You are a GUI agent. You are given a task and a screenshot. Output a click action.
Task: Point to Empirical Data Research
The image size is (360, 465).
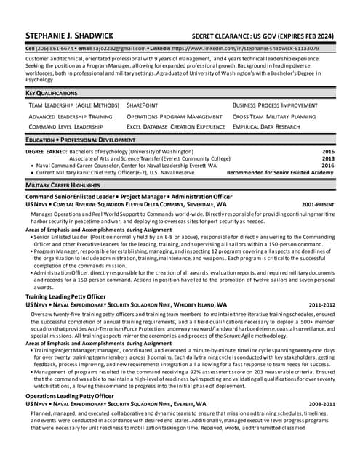coord(266,126)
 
